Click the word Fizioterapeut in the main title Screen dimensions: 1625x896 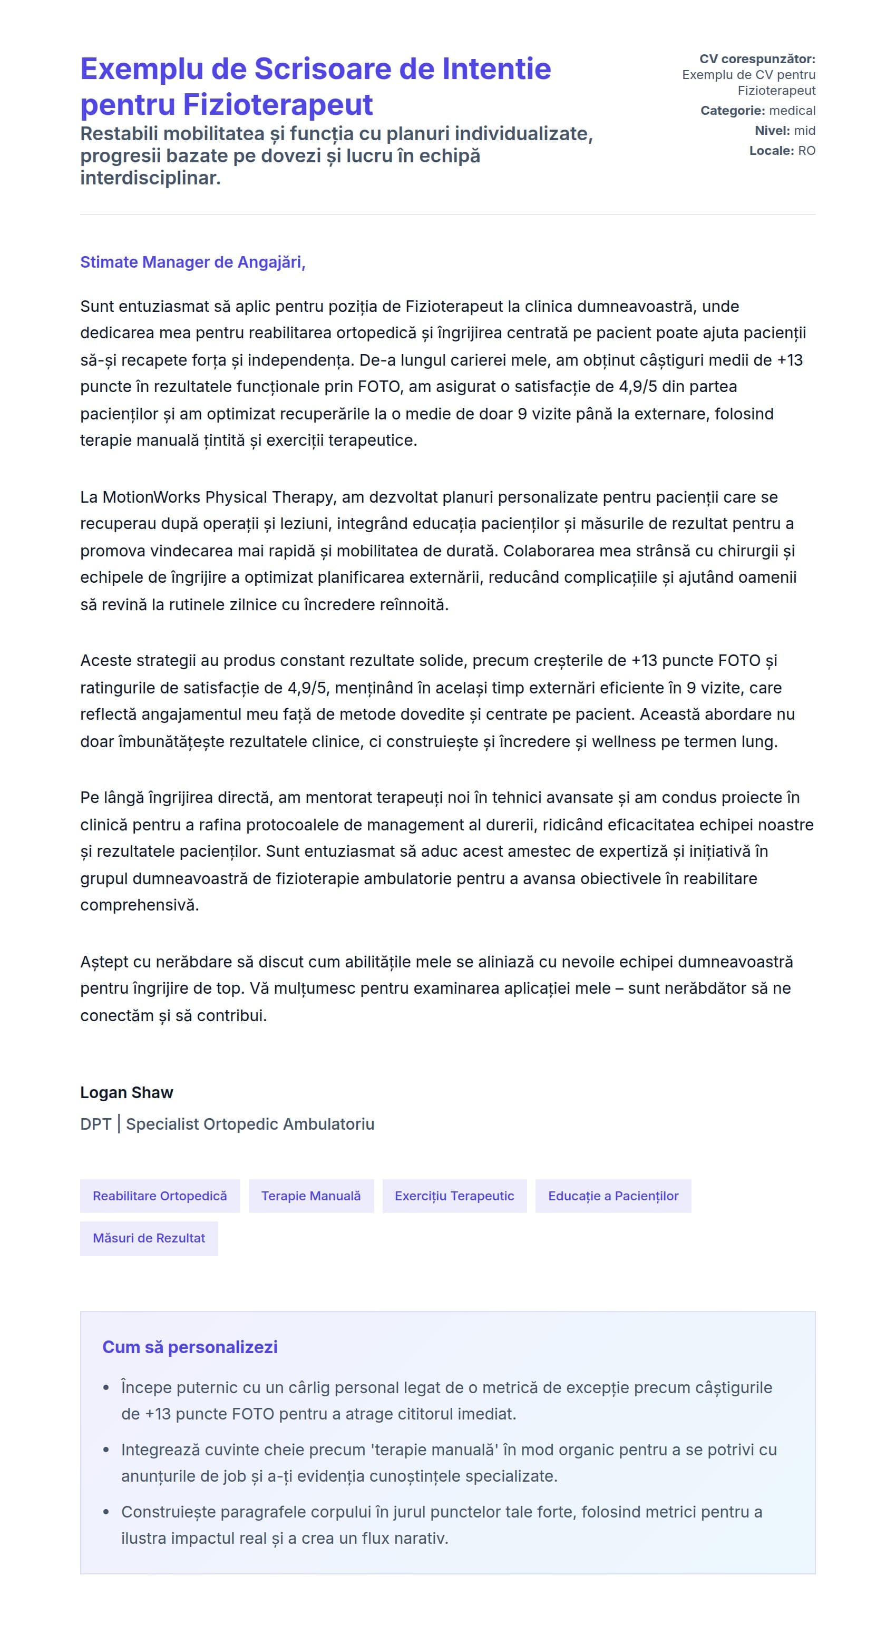(278, 105)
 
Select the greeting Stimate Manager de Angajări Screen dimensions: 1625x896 (192, 262)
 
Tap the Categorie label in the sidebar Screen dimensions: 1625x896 (732, 111)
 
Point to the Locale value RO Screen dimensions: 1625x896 (806, 151)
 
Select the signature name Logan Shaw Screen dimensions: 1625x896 (126, 1093)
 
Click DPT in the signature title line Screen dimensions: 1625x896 (95, 1124)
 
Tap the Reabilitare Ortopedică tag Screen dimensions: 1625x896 (160, 1196)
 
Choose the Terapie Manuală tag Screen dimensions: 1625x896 (311, 1196)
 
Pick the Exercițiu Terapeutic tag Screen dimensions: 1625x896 (454, 1196)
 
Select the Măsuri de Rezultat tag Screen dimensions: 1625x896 (149, 1238)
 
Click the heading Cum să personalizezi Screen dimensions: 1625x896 (190, 1347)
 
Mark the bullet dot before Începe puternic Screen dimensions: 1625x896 (106, 1388)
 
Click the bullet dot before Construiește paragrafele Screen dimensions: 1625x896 (106, 1512)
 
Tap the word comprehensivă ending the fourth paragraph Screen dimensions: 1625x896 (140, 905)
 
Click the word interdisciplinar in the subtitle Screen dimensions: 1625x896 (150, 179)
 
